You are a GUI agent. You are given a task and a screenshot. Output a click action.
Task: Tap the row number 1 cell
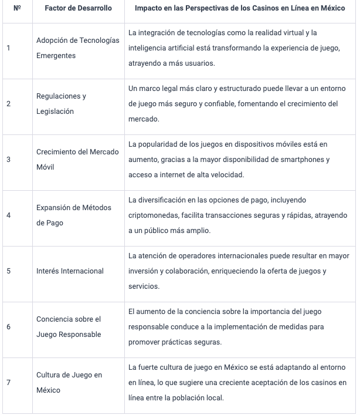pyautogui.click(x=8, y=48)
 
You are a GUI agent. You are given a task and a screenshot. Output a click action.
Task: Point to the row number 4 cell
pyautogui.click(x=8, y=215)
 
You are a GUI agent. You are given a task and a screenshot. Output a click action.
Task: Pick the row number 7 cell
pyautogui.click(x=8, y=383)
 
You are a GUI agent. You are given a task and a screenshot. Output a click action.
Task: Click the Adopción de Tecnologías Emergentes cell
pyautogui.click(x=77, y=48)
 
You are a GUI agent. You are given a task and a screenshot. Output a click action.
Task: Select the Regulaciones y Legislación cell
pyautogui.click(x=61, y=104)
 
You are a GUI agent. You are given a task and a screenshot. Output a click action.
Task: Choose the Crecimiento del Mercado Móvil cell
pyautogui.click(x=77, y=160)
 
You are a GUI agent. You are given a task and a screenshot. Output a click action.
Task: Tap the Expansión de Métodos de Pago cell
pyautogui.click(x=74, y=215)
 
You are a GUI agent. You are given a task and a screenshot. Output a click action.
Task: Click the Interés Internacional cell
pyautogui.click(x=70, y=271)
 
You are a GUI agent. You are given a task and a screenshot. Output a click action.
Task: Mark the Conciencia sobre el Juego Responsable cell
pyautogui.click(x=69, y=327)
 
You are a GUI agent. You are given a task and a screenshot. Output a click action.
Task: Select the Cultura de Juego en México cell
pyautogui.click(x=69, y=383)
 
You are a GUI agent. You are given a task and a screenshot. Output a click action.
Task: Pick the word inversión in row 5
pyautogui.click(x=144, y=271)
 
